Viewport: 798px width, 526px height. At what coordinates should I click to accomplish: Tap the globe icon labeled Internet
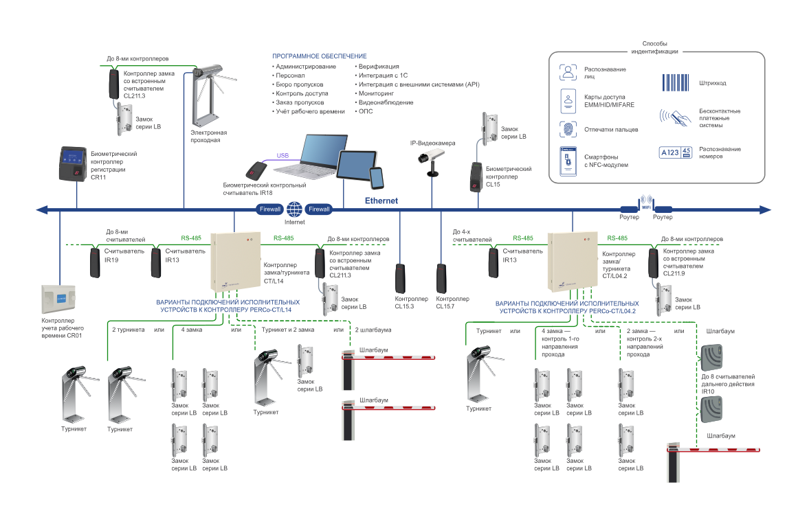pyautogui.click(x=295, y=209)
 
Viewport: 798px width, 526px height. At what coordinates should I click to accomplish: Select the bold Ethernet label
pyautogui.click(x=381, y=201)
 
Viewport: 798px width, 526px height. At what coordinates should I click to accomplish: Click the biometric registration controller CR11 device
pyautogui.click(x=74, y=163)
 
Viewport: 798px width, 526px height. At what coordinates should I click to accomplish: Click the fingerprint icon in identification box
pyautogui.click(x=568, y=129)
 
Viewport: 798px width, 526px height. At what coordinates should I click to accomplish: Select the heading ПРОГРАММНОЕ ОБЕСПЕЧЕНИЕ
pyautogui.click(x=320, y=56)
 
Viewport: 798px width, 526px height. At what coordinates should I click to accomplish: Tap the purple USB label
pyautogui.click(x=282, y=155)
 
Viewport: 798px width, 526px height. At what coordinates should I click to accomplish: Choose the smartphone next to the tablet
pyautogui.click(x=377, y=178)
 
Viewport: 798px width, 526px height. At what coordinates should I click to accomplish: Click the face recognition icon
pyautogui.click(x=568, y=72)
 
